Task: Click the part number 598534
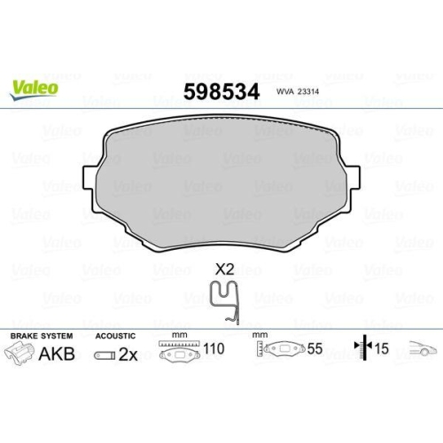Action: click(x=221, y=92)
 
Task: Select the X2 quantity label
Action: click(x=224, y=268)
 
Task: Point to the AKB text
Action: click(x=60, y=354)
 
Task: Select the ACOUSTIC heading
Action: click(x=115, y=337)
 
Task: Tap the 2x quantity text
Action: click(x=128, y=354)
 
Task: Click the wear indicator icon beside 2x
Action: click(x=104, y=354)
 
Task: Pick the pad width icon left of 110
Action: click(x=182, y=352)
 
